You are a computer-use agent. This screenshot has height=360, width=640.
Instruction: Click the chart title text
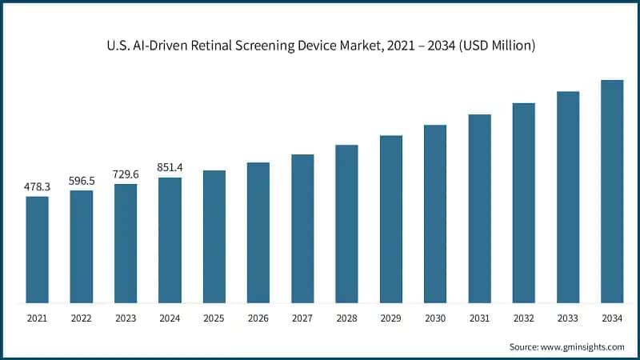pos(320,46)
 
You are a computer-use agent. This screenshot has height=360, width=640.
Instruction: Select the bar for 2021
pos(37,250)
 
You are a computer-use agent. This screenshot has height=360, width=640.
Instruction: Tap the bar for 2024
pos(170,240)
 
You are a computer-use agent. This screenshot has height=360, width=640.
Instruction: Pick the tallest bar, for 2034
pos(612,192)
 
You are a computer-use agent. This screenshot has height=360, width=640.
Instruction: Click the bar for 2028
pos(346,224)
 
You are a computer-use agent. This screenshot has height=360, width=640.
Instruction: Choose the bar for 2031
pos(479,209)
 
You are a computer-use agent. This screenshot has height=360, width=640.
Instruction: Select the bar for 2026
pos(258,233)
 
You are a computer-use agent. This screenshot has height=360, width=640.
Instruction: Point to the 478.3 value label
pos(37,186)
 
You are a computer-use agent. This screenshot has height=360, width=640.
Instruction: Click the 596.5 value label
pos(81,180)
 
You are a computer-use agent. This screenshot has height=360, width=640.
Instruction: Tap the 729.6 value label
pos(126,174)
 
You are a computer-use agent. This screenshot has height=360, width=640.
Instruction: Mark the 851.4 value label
pos(170,167)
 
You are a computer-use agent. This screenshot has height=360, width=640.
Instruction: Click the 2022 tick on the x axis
pos(81,318)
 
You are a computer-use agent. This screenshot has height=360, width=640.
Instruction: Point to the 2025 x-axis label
pos(214,318)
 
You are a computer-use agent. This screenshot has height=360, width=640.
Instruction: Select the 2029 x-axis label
pos(390,318)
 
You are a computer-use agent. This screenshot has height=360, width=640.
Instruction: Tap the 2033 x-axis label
pos(568,318)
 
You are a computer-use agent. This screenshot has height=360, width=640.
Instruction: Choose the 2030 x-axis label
pos(435,318)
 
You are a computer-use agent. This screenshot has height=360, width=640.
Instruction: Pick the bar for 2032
pos(523,203)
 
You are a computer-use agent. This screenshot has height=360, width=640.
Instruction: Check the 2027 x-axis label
pos(302,318)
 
